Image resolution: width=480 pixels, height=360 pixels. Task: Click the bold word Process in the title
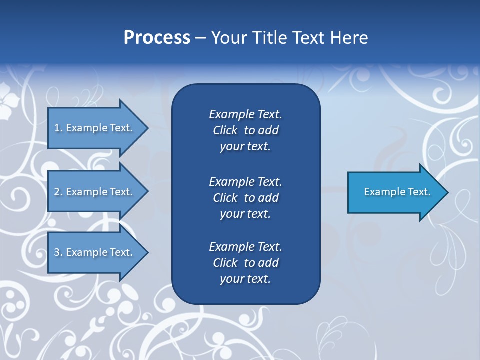[157, 38]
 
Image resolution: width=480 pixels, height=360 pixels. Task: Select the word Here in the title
[349, 38]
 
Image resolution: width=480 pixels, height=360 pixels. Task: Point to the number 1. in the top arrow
[58, 128]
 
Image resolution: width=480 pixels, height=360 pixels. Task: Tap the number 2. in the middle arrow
[58, 192]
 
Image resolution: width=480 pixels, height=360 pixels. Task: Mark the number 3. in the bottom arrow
[58, 252]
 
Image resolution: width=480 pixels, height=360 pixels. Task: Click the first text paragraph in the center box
[245, 130]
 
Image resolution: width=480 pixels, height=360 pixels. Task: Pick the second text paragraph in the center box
[245, 198]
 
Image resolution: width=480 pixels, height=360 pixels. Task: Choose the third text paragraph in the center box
[245, 263]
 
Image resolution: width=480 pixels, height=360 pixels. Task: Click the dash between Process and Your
[200, 38]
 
